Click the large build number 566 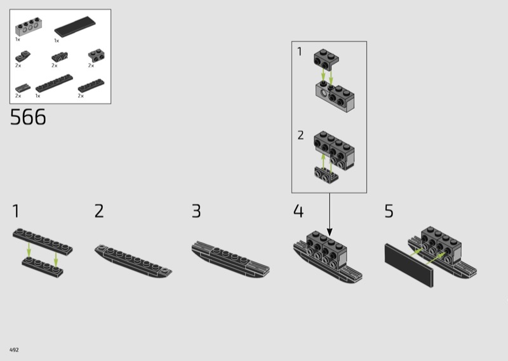click(x=28, y=117)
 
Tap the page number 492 click(x=14, y=350)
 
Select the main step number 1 click(x=16, y=211)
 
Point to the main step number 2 click(x=99, y=211)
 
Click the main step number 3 click(x=196, y=211)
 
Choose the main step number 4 click(x=298, y=211)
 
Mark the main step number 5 click(x=389, y=211)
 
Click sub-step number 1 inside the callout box click(x=300, y=51)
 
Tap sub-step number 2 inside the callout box click(x=300, y=135)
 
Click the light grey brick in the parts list click(x=29, y=27)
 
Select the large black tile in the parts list click(x=75, y=27)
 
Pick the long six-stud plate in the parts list click(x=54, y=83)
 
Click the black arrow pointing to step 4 click(x=330, y=215)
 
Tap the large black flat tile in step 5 click(x=409, y=265)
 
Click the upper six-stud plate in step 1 click(x=43, y=242)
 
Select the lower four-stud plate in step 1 click(x=43, y=268)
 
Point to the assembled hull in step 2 click(x=133, y=261)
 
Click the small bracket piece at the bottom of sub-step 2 click(x=326, y=175)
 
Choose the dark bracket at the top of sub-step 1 click(x=326, y=60)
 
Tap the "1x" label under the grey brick click(x=18, y=39)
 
